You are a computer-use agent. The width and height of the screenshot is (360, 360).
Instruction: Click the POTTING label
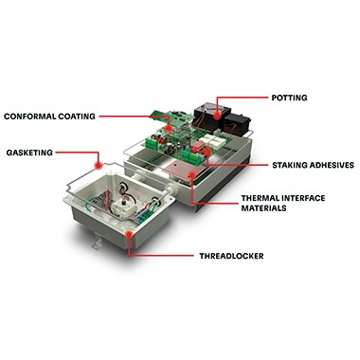(289, 98)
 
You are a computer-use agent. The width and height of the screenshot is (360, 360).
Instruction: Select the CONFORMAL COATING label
(49, 117)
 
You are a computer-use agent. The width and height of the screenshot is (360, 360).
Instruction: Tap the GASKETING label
(29, 153)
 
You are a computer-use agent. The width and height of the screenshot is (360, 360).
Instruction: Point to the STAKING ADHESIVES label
(313, 165)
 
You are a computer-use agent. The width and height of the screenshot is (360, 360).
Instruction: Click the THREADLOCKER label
(231, 256)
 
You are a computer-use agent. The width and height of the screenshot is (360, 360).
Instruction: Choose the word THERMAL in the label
(260, 198)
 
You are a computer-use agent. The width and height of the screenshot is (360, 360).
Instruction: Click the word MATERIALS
(263, 208)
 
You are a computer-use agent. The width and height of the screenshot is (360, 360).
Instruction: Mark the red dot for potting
(217, 115)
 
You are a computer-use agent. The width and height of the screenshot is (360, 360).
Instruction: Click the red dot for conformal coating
(169, 128)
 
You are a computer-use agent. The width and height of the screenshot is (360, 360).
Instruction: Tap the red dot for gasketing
(99, 165)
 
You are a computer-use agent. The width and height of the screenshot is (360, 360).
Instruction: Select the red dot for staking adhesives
(207, 151)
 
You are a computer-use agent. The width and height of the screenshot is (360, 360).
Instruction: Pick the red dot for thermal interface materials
(191, 174)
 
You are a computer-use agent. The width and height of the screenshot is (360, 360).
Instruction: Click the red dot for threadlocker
(129, 234)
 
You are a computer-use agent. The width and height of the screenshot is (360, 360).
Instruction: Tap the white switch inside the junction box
(121, 207)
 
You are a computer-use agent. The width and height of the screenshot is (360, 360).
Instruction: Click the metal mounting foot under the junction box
(98, 242)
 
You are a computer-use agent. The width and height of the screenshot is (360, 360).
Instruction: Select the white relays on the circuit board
(212, 141)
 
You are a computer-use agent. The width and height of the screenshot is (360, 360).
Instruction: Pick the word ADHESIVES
(332, 165)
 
